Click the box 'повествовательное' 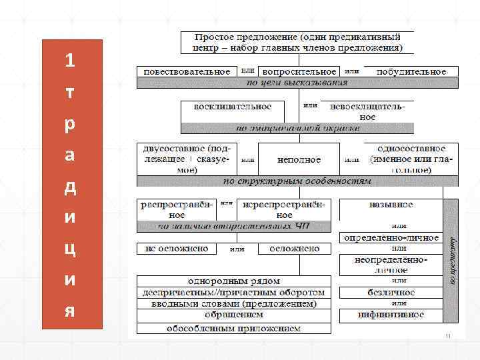[x=184, y=71]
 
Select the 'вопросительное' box [x=299, y=71]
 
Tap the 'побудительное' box [x=410, y=71]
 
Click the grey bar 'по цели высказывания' [x=297, y=83]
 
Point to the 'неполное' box [x=299, y=160]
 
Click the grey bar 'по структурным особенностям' [x=297, y=181]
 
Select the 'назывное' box [x=391, y=205]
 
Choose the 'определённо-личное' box [x=391, y=237]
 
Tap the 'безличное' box [x=391, y=292]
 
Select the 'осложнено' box [x=294, y=249]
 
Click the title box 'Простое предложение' [x=297, y=43]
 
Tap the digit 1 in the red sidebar [x=70, y=61]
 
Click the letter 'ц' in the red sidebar [x=70, y=249]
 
